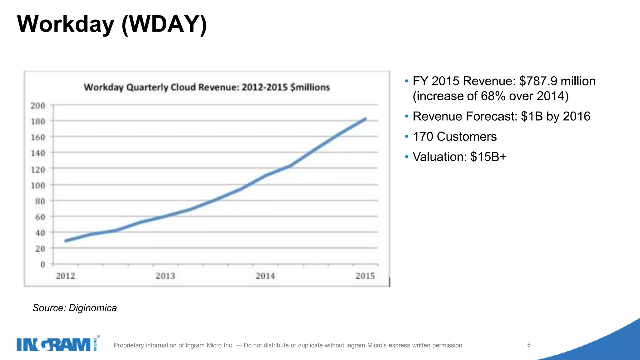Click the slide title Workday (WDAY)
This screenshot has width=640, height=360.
[x=112, y=24]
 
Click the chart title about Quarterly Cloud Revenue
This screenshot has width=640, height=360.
[x=207, y=87]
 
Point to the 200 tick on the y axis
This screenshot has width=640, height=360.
[x=38, y=106]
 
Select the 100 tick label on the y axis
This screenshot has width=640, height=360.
[x=38, y=186]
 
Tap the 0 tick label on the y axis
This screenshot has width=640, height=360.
[x=42, y=265]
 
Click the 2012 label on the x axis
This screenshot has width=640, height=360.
[x=66, y=276]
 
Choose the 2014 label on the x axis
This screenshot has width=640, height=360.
[x=265, y=276]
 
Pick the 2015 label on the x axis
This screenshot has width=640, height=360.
[x=365, y=276]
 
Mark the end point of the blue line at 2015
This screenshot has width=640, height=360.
[x=365, y=119]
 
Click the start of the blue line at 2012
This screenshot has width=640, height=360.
[x=66, y=241]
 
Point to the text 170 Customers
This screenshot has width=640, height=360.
[x=455, y=137]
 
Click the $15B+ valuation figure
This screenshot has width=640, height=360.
[x=488, y=157]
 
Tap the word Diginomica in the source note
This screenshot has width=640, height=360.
[x=92, y=308]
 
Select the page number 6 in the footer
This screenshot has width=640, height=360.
[x=529, y=345]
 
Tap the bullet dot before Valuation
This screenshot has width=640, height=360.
[x=406, y=157]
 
